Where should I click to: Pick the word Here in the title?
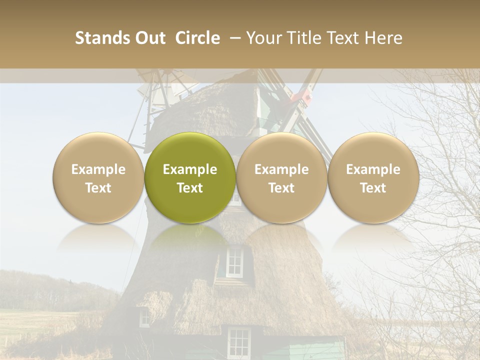[x=383, y=38]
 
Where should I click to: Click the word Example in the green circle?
[x=190, y=169]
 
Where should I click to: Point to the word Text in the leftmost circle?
[x=98, y=188]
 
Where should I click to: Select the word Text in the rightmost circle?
[x=373, y=188]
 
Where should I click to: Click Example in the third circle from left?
[x=281, y=169]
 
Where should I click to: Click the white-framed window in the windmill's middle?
[x=234, y=262]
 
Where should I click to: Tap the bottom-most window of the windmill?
[x=238, y=342]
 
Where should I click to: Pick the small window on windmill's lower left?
[x=144, y=317]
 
